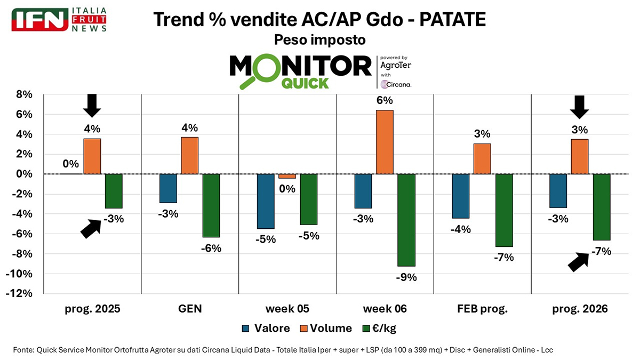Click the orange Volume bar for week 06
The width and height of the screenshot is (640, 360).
(385, 142)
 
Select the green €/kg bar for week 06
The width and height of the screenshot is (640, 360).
(406, 220)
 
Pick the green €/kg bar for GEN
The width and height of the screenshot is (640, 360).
(211, 205)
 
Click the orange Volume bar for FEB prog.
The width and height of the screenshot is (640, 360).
(482, 158)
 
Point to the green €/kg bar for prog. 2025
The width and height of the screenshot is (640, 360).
(114, 191)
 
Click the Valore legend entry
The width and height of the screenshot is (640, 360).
(266, 328)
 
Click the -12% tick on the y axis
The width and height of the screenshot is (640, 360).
(21, 294)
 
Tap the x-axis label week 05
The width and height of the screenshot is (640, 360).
(287, 309)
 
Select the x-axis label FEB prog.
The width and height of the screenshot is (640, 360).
(482, 309)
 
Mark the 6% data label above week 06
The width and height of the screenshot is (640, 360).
(385, 100)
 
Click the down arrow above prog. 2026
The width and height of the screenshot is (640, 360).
(579, 107)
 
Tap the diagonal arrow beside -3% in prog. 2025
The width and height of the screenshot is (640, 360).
(91, 228)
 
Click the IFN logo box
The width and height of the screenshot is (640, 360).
(39, 19)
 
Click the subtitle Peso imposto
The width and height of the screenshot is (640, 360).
(319, 40)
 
